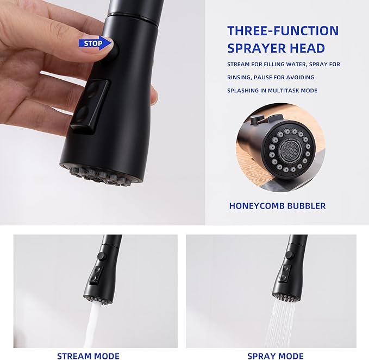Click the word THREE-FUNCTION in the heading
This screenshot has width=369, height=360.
pos(283,31)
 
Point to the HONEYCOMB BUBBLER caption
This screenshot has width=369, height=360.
pos(278,206)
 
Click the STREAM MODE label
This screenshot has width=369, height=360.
pos(88,356)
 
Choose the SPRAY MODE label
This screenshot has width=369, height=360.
pos(276,356)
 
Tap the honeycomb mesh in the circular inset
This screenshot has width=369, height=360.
pos(289,149)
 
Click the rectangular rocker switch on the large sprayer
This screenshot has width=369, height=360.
pos(90,107)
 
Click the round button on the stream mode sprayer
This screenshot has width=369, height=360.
pos(102,256)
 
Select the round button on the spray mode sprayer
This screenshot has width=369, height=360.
pos(289,255)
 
